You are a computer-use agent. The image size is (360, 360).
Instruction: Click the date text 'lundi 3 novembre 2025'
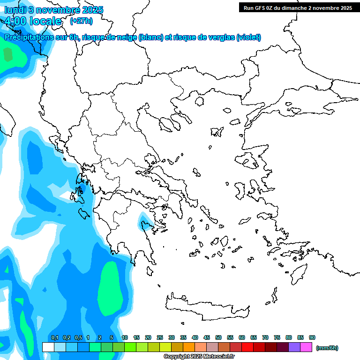coord(54,10)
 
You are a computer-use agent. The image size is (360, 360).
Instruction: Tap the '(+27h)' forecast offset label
coord(81,21)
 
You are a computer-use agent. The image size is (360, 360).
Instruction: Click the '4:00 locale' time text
coord(34,21)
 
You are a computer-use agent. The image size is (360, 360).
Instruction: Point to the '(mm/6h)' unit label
coord(327,348)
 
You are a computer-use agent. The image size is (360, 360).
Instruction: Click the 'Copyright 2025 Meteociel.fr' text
coord(199,357)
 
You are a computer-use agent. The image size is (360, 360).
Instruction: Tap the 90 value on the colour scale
coord(312,338)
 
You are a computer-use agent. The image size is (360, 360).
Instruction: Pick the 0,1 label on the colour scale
coord(54,338)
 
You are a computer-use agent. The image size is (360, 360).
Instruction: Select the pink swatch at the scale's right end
coord(306,347)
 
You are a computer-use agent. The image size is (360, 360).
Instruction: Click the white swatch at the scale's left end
coord(48,347)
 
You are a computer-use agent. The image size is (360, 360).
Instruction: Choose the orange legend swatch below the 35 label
coord(189,347)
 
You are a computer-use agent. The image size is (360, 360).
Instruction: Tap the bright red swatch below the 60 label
coord(247,347)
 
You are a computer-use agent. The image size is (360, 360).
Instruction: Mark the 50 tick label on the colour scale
coord(218,338)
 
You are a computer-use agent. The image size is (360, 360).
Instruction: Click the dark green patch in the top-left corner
coord(8,54)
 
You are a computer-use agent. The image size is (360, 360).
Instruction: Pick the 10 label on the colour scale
coord(125,338)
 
